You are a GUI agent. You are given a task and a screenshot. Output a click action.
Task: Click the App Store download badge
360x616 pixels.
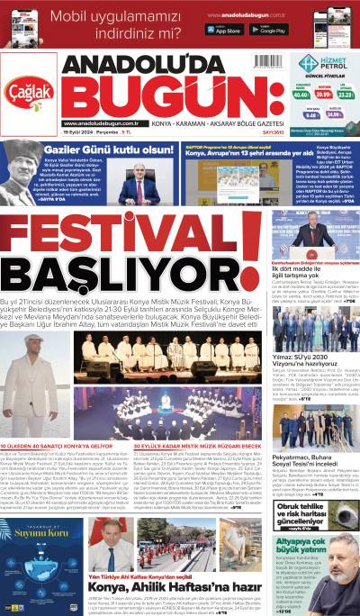(x=223, y=29)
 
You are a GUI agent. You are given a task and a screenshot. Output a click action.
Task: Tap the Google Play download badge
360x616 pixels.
(x=268, y=29)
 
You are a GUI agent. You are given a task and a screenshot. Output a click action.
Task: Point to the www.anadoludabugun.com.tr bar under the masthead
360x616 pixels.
(x=101, y=123)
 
